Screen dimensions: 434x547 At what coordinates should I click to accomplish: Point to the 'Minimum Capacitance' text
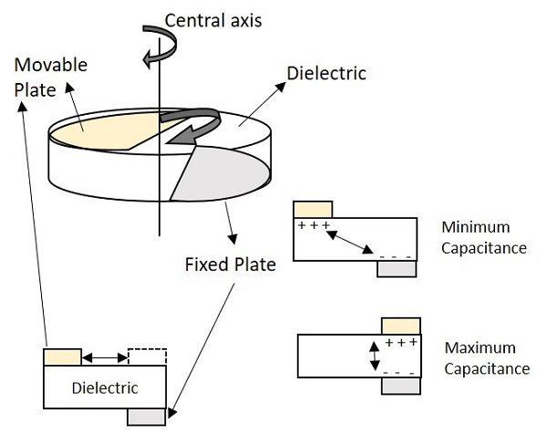[482, 237]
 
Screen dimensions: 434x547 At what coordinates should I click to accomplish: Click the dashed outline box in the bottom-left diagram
[146, 356]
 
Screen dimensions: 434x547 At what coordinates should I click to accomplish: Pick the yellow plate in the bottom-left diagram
[62, 356]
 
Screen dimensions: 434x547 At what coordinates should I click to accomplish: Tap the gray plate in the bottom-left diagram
[146, 417]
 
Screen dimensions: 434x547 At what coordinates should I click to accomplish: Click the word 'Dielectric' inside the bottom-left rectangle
[104, 388]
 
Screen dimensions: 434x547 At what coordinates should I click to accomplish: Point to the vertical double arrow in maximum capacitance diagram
[373, 356]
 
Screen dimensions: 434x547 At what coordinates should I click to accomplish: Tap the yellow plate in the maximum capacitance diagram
[400, 325]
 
